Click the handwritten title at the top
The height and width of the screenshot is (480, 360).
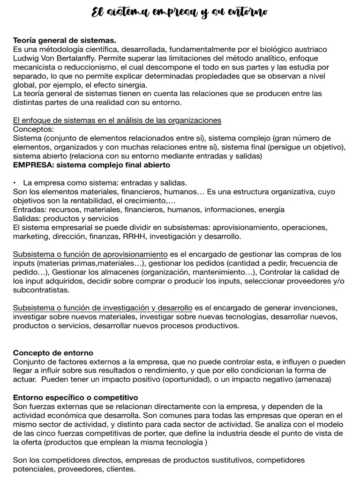(180, 13)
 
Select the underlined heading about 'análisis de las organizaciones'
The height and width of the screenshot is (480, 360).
(117, 120)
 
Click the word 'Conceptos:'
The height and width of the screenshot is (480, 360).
(34, 129)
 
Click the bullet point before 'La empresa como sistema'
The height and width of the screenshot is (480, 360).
(15, 183)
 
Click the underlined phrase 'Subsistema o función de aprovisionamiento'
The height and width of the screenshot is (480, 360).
(90, 254)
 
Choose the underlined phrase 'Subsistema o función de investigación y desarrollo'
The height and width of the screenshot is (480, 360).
(103, 307)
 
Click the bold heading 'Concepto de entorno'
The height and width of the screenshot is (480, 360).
(53, 352)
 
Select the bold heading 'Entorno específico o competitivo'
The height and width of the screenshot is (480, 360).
(75, 397)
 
